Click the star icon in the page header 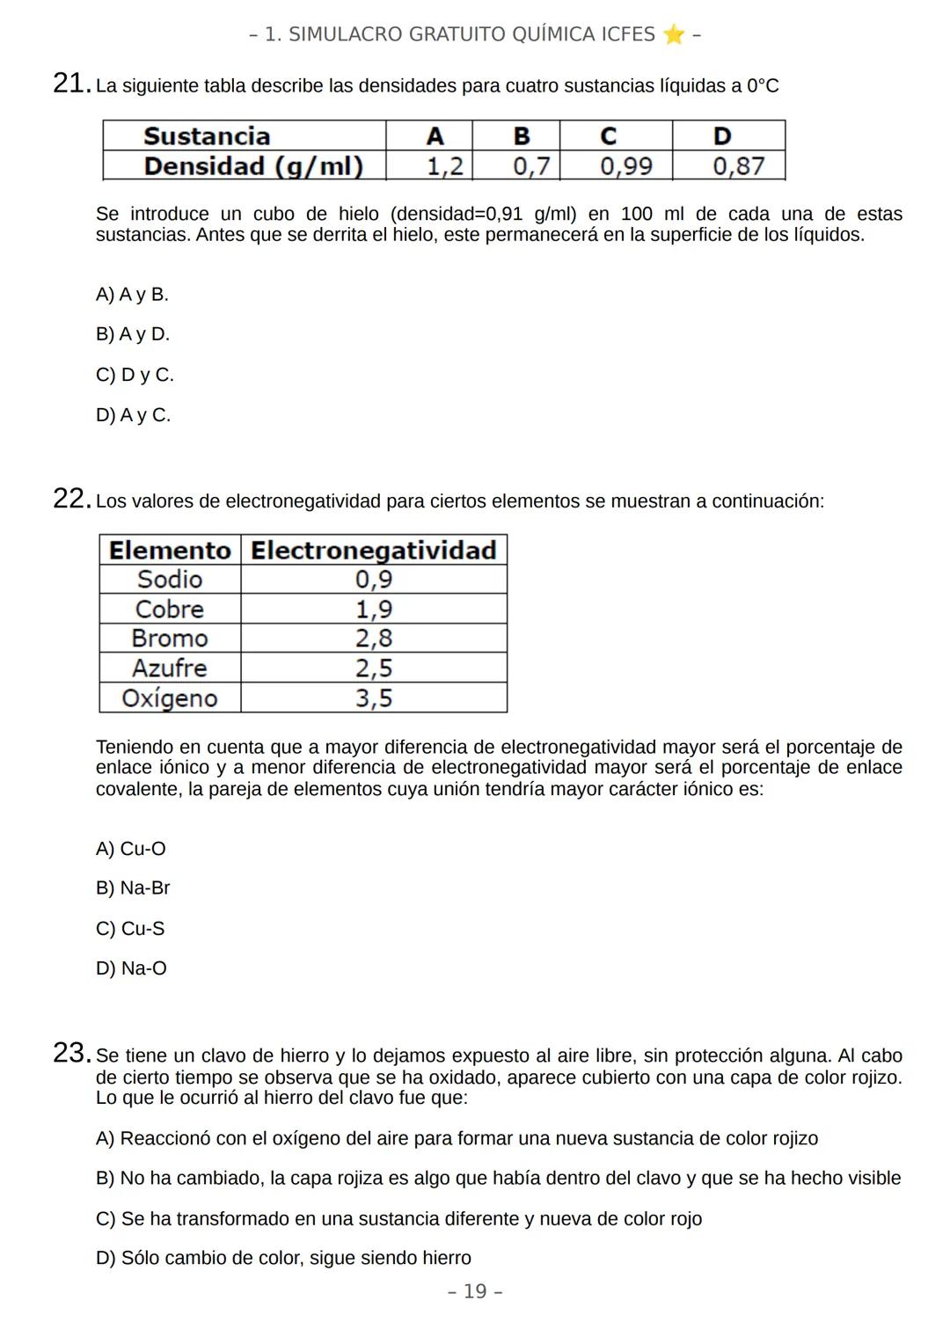pos(674,34)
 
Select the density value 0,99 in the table pos(625,166)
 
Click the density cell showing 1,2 pos(444,166)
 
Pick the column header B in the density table pos(521,136)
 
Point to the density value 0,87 pos(738,166)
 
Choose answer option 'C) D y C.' pos(135,375)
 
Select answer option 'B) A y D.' pos(133,334)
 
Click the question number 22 pos(70,499)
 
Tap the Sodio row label pos(170,580)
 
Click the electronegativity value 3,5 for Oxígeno pos(374,698)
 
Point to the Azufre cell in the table pos(170,668)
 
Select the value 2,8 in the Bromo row pos(374,639)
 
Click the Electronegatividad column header pos(374,551)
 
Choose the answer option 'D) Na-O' pos(131,968)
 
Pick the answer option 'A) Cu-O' pos(131,849)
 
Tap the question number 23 pos(70,1053)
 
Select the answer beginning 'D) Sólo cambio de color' pos(283,1258)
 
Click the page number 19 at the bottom pos(475,1291)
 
